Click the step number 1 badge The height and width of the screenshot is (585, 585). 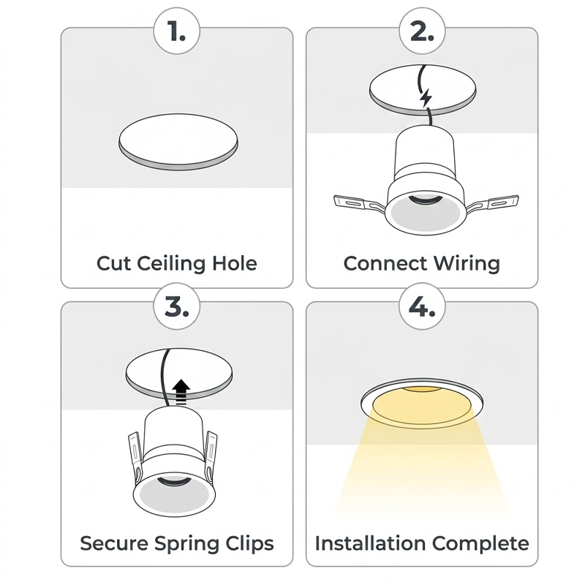177,32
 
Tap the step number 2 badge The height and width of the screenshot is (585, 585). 422,32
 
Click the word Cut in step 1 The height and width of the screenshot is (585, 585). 113,263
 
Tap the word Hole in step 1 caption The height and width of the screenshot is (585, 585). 233,263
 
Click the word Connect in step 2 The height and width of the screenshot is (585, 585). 385,263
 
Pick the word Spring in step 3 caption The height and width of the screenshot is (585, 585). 183,543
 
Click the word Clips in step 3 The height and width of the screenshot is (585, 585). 249,543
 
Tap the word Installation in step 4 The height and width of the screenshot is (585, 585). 370,543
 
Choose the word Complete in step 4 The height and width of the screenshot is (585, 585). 480,543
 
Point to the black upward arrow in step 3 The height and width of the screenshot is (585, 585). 182,390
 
